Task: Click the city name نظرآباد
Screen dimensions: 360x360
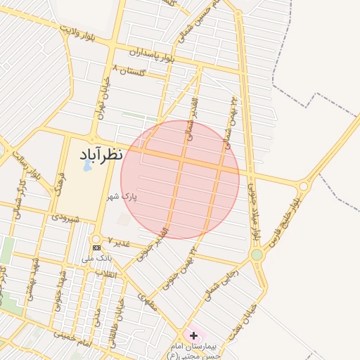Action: pos(97,153)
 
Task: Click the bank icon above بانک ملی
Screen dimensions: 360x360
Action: pos(96,247)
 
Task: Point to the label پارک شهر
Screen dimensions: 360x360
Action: pos(123,198)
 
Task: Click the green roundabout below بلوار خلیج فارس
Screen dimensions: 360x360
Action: pos(257,255)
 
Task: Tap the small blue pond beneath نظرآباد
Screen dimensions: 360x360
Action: pos(87,166)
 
